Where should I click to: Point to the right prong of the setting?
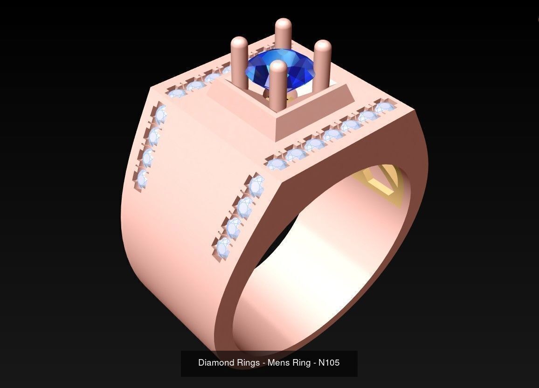coord(322,61)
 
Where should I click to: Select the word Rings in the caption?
coord(247,362)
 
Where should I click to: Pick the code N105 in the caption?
coord(329,362)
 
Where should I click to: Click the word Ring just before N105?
coord(303,362)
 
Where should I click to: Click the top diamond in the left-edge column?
coord(160,113)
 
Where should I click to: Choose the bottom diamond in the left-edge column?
coord(142,178)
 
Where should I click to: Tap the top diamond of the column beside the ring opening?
coord(256,186)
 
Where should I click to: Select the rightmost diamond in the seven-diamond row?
coord(383,108)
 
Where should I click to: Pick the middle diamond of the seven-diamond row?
coord(332,135)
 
